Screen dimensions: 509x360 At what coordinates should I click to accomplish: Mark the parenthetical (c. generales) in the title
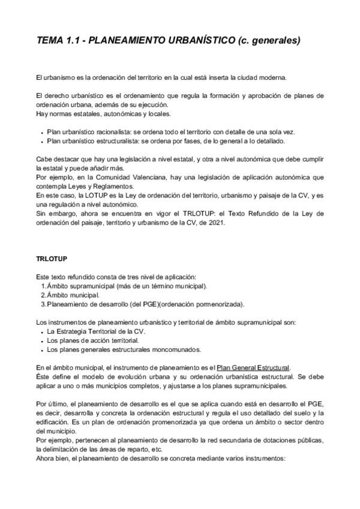[268, 41]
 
